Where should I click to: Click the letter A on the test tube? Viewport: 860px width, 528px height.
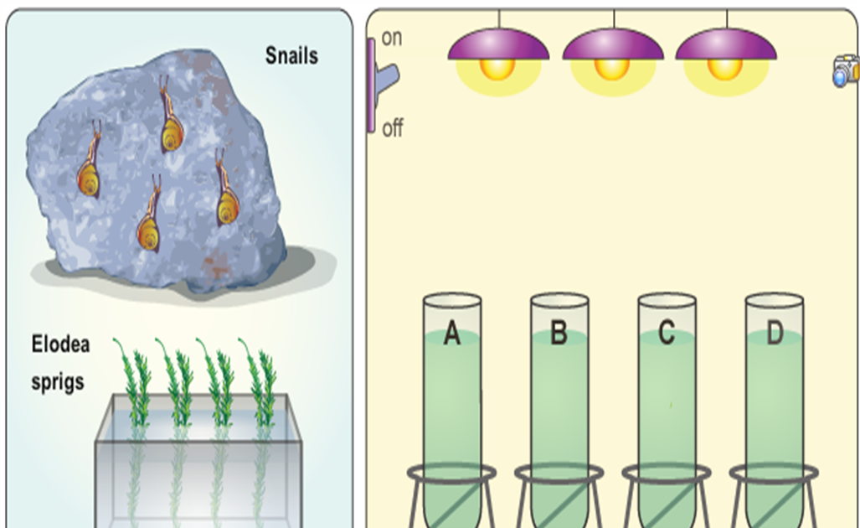pyautogui.click(x=452, y=334)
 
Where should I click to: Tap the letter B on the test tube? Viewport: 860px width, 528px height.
pyautogui.click(x=559, y=334)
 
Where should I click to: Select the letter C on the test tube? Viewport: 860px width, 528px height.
pyautogui.click(x=667, y=334)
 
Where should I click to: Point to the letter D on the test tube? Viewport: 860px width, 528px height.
pyautogui.click(x=774, y=334)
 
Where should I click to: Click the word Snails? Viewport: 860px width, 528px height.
pyautogui.click(x=291, y=57)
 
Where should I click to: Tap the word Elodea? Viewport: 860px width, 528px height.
pyautogui.click(x=60, y=344)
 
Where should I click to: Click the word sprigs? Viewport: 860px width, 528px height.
pyautogui.click(x=58, y=382)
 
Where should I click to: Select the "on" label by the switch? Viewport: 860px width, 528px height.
pyautogui.click(x=392, y=39)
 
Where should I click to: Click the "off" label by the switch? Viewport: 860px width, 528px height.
pyautogui.click(x=392, y=129)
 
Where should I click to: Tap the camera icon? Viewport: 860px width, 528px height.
pyautogui.click(x=845, y=71)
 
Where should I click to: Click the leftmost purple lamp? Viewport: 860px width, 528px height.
pyautogui.click(x=498, y=50)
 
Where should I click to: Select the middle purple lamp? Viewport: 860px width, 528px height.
pyautogui.click(x=613, y=50)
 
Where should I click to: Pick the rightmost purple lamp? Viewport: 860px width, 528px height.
pyautogui.click(x=726, y=50)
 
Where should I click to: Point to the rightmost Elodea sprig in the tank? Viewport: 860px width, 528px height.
pyautogui.click(x=260, y=381)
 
